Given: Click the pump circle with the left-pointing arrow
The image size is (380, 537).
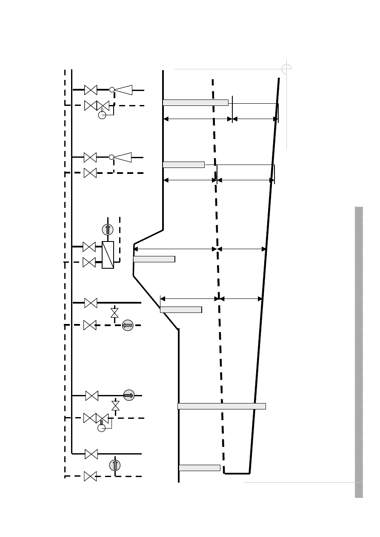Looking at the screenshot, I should point(128,325).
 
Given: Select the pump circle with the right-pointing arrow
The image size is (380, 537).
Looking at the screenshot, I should point(129,395).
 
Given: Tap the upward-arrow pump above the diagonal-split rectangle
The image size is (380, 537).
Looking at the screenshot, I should point(108,230).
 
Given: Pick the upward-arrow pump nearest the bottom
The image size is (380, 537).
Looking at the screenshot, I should point(115,465).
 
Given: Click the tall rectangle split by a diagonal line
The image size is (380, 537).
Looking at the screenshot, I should point(108,255).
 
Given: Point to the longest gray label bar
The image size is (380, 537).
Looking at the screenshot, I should point(222,406).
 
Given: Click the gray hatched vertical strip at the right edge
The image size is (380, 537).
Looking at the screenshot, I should point(359,352).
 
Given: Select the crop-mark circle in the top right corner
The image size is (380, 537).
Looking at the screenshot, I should point(286,69).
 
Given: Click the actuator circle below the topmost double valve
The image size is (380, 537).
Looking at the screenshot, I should point(102,115).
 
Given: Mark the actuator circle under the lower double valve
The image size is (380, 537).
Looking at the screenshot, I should point(101,428).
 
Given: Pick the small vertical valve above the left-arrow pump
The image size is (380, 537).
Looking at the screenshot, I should point(114,313).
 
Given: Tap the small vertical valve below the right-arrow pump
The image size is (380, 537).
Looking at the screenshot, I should point(115,406).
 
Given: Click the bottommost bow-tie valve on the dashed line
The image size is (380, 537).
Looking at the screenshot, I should point(90,476).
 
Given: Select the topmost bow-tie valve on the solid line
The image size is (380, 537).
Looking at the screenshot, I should point(91,90).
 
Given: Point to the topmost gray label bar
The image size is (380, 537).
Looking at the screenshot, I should point(195,102).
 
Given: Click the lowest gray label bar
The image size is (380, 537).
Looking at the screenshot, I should point(200,468).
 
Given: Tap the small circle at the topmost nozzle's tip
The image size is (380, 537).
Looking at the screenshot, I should point(112,90).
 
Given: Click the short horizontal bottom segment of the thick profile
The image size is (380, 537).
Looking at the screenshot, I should point(237,473).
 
